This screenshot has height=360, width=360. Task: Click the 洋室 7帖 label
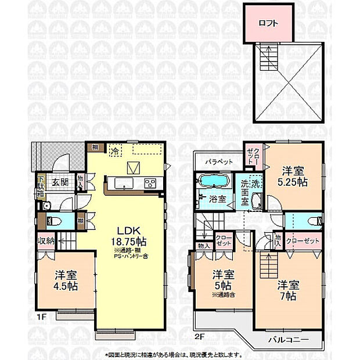pos(289,291)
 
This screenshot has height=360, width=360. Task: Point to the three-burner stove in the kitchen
pos(150,184)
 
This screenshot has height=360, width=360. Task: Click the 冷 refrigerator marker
pos(115,150)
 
